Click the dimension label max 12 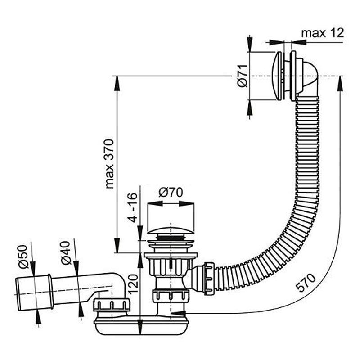coord(322,33)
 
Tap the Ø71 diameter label coord(243,76)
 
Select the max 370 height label coord(109,164)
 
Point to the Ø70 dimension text coord(171,193)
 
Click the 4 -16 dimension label coord(132,208)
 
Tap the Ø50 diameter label coord(23,256)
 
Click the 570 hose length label coord(306,283)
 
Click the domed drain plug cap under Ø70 coord(171,230)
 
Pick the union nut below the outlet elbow coord(112,306)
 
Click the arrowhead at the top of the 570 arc coord(340,84)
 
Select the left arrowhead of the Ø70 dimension coord(155,204)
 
